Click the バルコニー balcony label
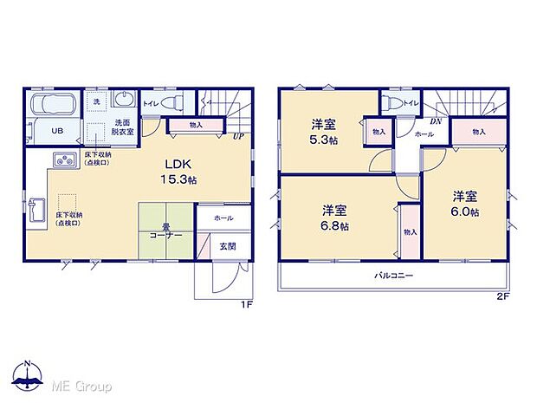393,276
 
